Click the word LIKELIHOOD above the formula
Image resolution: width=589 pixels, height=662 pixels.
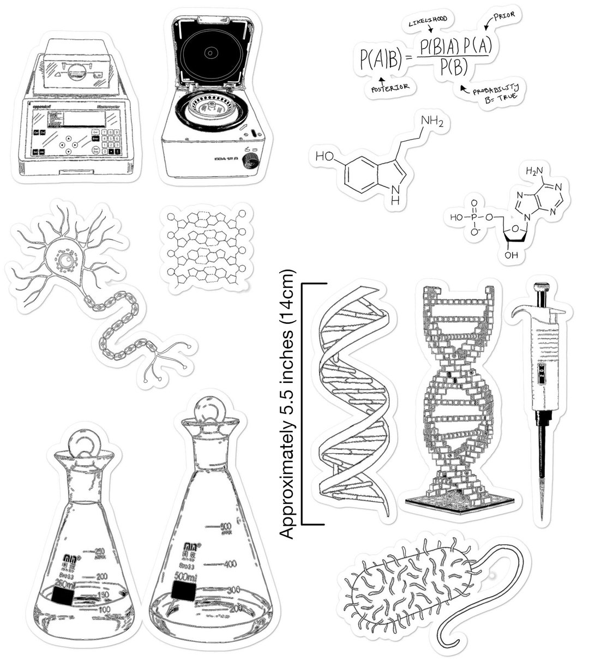[x=428, y=20]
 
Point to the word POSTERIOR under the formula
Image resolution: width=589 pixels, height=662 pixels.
[x=389, y=88]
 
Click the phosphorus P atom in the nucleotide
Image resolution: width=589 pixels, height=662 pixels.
[x=473, y=218]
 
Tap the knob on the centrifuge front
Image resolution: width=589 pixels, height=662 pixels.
[x=250, y=160]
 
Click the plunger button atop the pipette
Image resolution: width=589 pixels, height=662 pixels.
[x=540, y=287]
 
